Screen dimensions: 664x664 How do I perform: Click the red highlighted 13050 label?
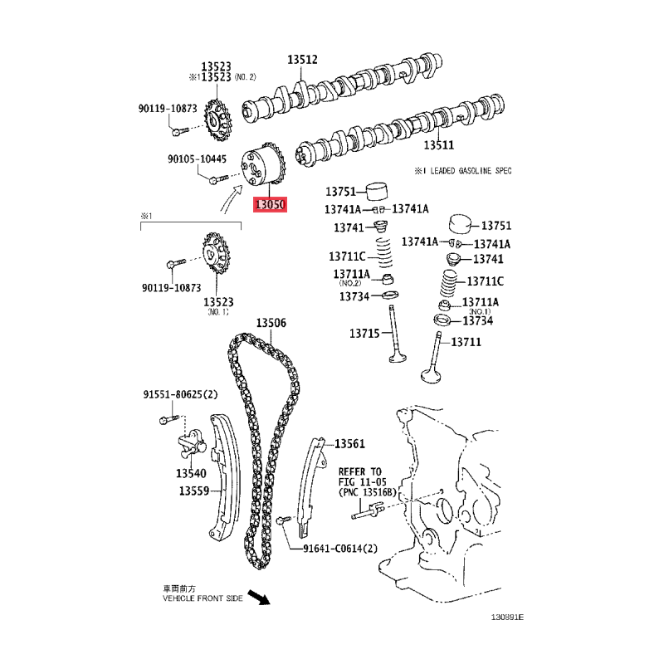tap(270, 204)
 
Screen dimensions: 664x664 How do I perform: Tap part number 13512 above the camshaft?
tap(302, 60)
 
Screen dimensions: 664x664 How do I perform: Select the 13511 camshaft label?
tap(439, 145)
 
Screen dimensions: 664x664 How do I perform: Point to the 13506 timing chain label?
tap(271, 323)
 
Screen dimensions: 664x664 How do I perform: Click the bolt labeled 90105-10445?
tap(218, 179)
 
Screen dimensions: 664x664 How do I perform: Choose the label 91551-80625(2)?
tap(180, 395)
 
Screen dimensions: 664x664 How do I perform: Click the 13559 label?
tap(194, 491)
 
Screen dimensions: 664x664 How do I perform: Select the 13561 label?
tap(349, 444)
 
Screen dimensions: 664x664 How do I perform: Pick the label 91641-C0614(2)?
tap(340, 549)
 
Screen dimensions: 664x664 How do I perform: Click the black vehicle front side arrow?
tap(259, 597)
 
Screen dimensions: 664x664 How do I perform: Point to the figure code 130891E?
tap(507, 617)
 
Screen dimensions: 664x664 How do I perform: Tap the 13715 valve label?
tap(364, 334)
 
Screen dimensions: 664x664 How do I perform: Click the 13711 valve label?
tap(466, 342)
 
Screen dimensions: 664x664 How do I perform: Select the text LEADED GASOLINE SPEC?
tap(471, 171)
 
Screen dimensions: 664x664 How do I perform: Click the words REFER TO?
tap(360, 471)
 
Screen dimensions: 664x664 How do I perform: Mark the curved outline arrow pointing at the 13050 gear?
tap(231, 198)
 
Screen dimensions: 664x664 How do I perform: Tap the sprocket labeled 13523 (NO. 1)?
tap(216, 254)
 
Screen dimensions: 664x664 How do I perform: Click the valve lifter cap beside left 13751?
tap(377, 192)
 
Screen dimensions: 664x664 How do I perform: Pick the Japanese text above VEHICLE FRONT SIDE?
tap(179, 588)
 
